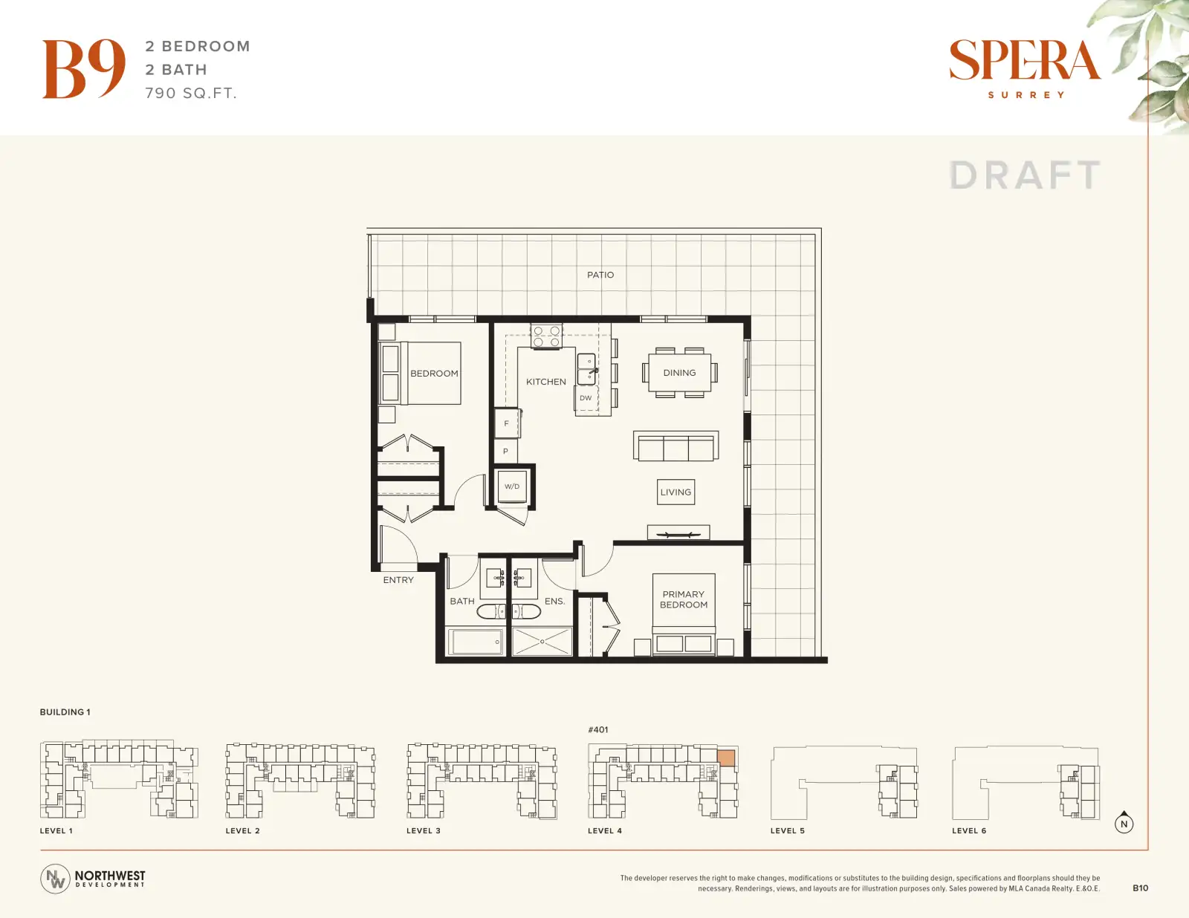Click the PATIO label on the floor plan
(600, 275)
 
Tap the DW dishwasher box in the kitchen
(586, 398)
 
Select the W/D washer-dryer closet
(512, 486)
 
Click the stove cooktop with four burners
(546, 336)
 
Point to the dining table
(679, 373)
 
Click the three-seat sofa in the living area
(676, 446)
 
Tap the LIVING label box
(676, 492)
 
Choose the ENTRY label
(398, 580)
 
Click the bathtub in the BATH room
(475, 642)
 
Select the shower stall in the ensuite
(542, 642)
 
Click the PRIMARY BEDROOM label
(684, 599)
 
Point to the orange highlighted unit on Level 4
(726, 758)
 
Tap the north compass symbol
(1124, 823)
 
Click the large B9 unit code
(84, 69)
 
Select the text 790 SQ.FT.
(191, 94)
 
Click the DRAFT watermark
(1025, 175)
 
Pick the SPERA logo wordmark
(1025, 59)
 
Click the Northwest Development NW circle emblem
(55, 879)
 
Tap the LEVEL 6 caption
(969, 830)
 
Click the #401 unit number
(598, 730)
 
